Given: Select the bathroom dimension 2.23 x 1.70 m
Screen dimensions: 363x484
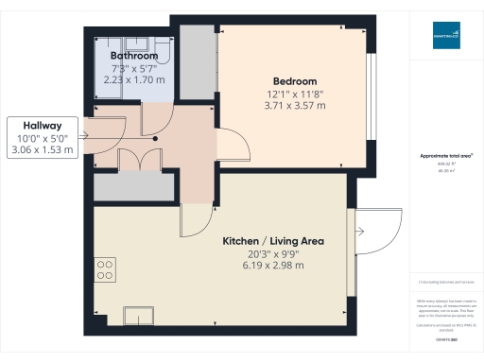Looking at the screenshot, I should (x=132, y=80).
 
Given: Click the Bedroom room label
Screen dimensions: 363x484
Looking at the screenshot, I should (x=295, y=81).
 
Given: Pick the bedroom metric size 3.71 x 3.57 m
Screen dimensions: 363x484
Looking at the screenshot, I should (x=295, y=106).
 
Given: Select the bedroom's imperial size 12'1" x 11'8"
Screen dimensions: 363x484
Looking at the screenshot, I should (x=295, y=94).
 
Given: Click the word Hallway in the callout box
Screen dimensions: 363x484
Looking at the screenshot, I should (x=42, y=125).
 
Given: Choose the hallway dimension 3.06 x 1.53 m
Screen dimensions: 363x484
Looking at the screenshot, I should (x=42, y=149).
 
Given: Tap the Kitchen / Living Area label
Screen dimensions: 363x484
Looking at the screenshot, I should (x=273, y=241).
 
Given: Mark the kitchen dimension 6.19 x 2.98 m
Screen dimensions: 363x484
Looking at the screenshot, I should (x=273, y=266).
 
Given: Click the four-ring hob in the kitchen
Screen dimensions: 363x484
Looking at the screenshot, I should (x=105, y=268).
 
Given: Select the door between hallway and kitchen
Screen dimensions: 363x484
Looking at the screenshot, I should (x=197, y=221).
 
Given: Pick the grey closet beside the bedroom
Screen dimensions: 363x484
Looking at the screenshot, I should (x=197, y=64).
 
